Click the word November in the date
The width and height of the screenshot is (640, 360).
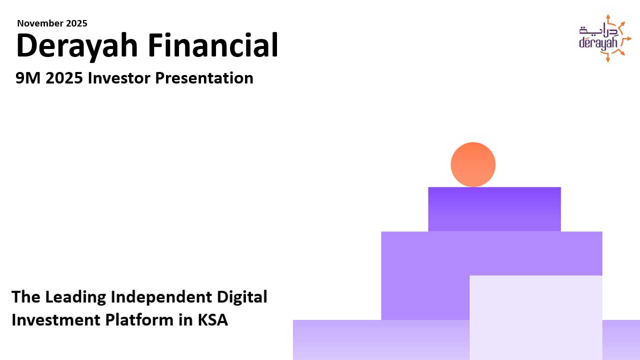(40, 23)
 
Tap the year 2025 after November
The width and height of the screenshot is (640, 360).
(76, 23)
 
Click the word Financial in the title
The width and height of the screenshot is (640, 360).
(213, 45)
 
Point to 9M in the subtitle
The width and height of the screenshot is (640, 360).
(28, 77)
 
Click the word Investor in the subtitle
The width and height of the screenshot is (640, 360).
(119, 77)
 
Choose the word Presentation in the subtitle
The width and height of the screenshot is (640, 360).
(204, 77)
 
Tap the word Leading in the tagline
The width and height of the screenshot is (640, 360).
(75, 297)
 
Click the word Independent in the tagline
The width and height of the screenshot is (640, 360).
(161, 296)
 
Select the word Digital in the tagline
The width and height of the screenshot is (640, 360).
(242, 297)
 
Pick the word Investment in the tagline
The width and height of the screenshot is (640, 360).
(55, 319)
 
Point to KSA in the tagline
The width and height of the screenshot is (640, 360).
(213, 319)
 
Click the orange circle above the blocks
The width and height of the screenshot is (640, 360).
(473, 164)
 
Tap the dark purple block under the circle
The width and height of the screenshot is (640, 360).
(494, 209)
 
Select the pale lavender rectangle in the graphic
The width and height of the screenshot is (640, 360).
(535, 317)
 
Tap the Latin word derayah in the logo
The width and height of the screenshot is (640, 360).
(598, 44)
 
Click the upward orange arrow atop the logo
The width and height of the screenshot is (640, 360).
(608, 19)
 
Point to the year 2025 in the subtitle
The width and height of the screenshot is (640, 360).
(64, 77)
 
